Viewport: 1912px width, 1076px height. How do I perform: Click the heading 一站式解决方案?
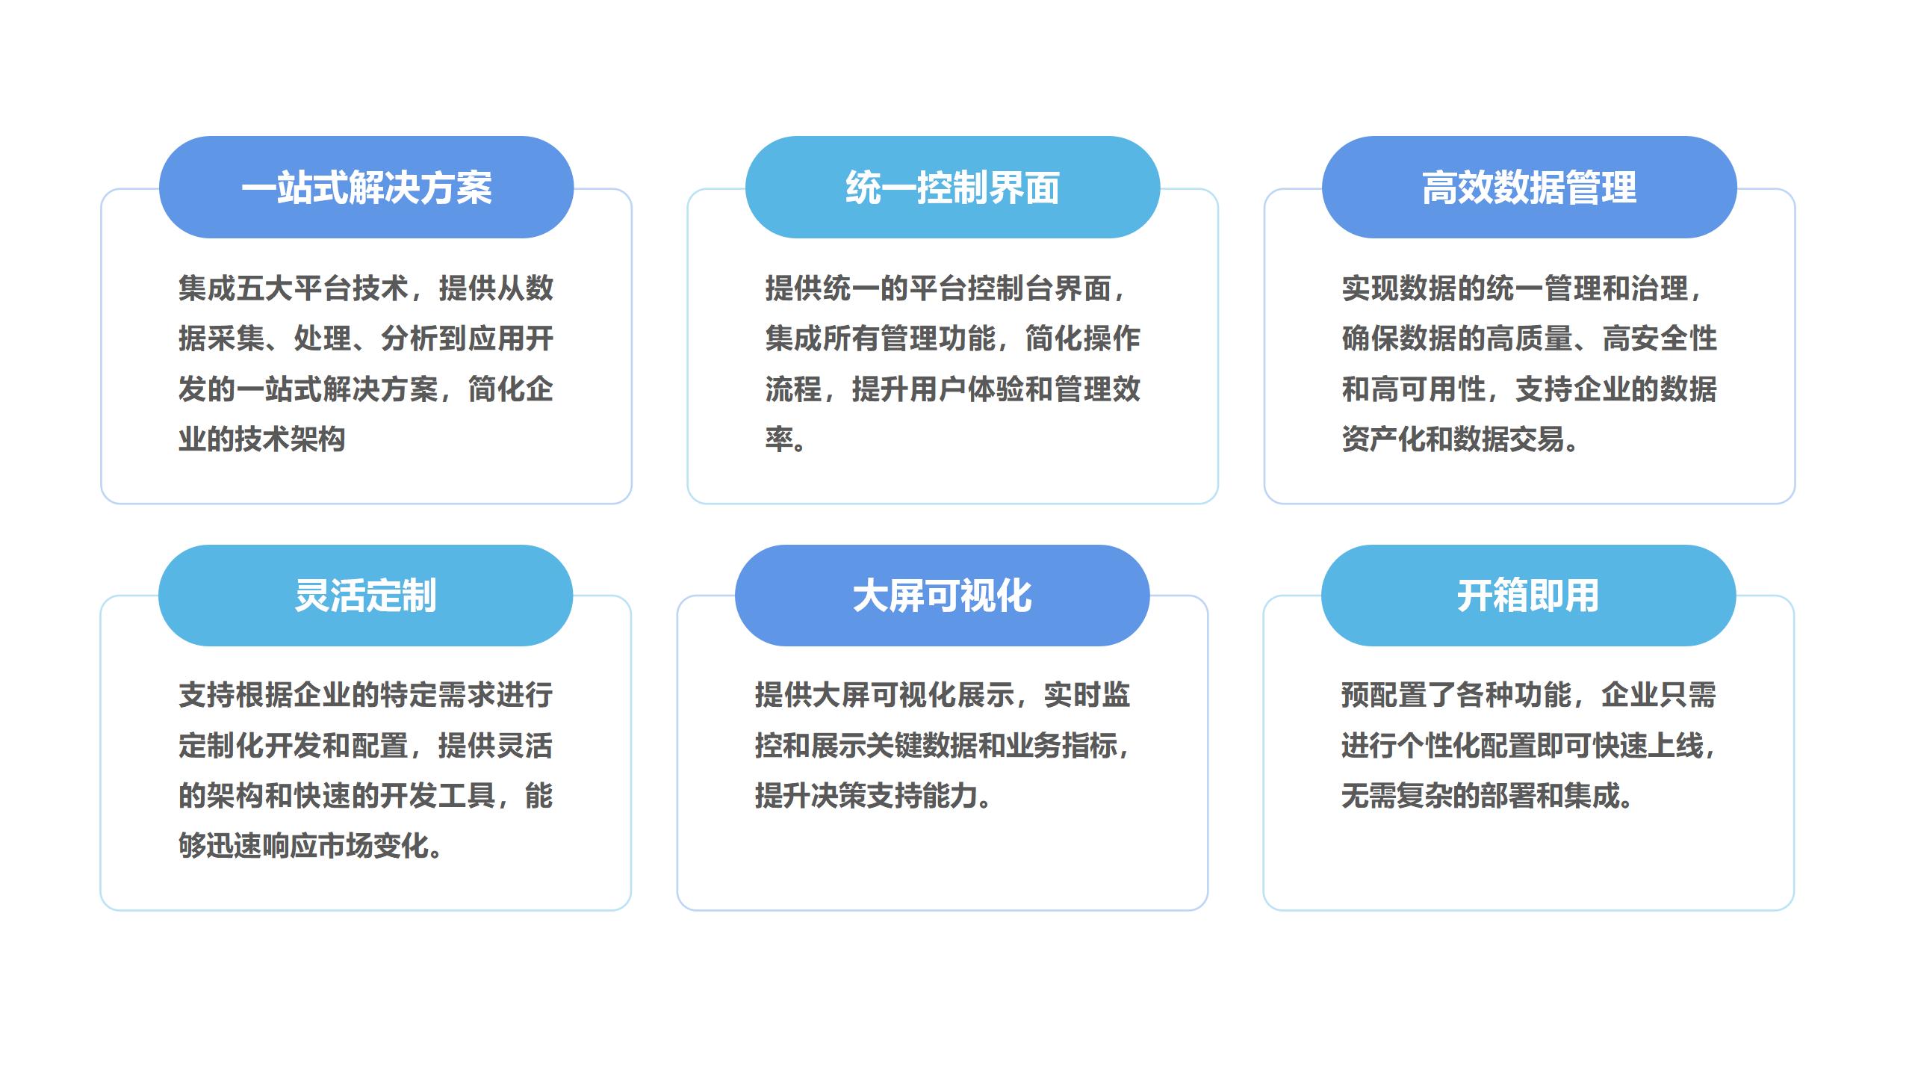click(x=366, y=188)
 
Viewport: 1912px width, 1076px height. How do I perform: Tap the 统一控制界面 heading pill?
click(x=952, y=188)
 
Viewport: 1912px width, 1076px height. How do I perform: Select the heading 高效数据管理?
click(x=1529, y=188)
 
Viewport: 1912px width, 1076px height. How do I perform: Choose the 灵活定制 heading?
click(x=365, y=596)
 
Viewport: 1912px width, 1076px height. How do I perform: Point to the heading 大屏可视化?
click(x=942, y=596)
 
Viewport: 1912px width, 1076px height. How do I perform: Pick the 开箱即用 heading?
click(x=1528, y=596)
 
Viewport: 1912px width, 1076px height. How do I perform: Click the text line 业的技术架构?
click(x=261, y=439)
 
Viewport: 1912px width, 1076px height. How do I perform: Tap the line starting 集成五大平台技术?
click(x=366, y=288)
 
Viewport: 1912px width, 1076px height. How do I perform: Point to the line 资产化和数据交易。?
click(x=1461, y=439)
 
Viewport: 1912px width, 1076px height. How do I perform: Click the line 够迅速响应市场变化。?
click(x=311, y=846)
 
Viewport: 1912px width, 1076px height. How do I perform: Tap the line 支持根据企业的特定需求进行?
click(x=366, y=695)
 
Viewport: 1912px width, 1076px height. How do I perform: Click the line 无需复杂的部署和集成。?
click(x=1488, y=796)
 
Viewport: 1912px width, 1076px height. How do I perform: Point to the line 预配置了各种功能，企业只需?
click(x=1529, y=695)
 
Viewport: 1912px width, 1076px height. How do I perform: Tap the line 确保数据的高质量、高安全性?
click(x=1530, y=338)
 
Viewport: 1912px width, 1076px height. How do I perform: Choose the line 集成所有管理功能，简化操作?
click(x=953, y=338)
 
